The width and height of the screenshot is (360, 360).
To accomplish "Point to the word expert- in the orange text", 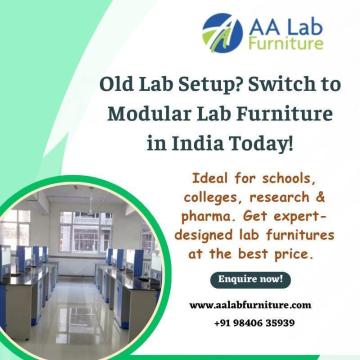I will tap(300, 216).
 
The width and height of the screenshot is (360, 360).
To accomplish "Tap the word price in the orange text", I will tap(291, 254).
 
